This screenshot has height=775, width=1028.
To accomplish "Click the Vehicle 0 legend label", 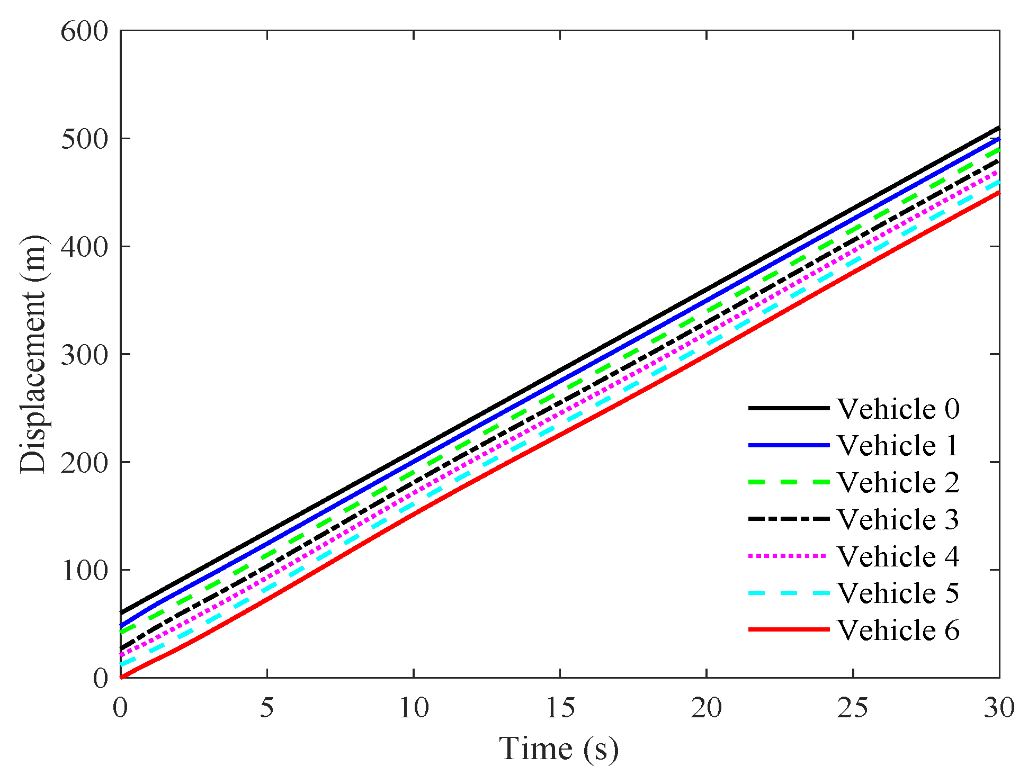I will [898, 409].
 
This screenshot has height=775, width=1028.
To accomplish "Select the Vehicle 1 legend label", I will [898, 445].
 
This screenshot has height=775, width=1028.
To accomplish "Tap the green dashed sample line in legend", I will [789, 482].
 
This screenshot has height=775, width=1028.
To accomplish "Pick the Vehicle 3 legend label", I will [898, 519].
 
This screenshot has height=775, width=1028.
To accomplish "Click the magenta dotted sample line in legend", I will [789, 556].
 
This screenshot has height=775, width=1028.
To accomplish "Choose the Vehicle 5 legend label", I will [898, 592].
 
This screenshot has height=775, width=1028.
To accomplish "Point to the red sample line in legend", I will [789, 629].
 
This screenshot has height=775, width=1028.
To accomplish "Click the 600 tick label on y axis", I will [84, 31].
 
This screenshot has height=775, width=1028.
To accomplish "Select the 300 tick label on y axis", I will [84, 354].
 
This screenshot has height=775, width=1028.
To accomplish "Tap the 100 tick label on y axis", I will [84, 570].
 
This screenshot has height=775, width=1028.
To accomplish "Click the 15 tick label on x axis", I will [560, 708].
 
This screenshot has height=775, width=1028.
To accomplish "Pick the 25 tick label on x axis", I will [853, 708].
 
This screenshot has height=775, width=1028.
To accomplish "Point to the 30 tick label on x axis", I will [999, 708].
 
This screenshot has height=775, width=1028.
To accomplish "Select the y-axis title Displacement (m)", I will [33, 354].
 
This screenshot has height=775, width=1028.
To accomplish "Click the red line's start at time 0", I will [121, 677].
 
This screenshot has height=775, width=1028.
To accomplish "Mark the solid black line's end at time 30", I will [999, 128].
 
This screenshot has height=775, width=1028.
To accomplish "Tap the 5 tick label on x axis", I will [267, 708].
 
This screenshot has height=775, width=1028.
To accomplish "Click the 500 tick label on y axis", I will [84, 139].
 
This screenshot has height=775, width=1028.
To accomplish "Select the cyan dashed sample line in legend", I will [789, 592].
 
